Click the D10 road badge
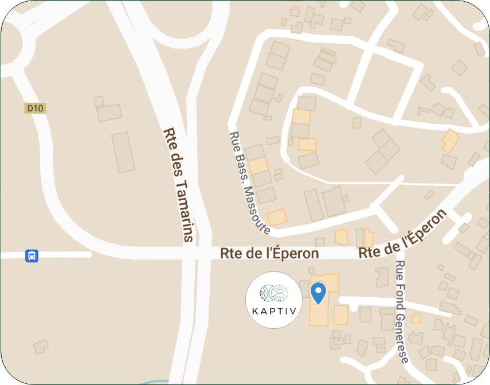pos(35,108)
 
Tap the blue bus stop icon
pos(32,256)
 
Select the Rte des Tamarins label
pos(179,184)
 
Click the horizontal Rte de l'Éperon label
pos(269,253)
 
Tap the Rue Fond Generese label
pos(402,312)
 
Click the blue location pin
pos(318,293)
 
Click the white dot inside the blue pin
pos(318,290)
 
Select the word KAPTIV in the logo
pos(274,311)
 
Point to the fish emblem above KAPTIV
pos(274,293)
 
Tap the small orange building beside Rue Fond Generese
pos(416,318)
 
